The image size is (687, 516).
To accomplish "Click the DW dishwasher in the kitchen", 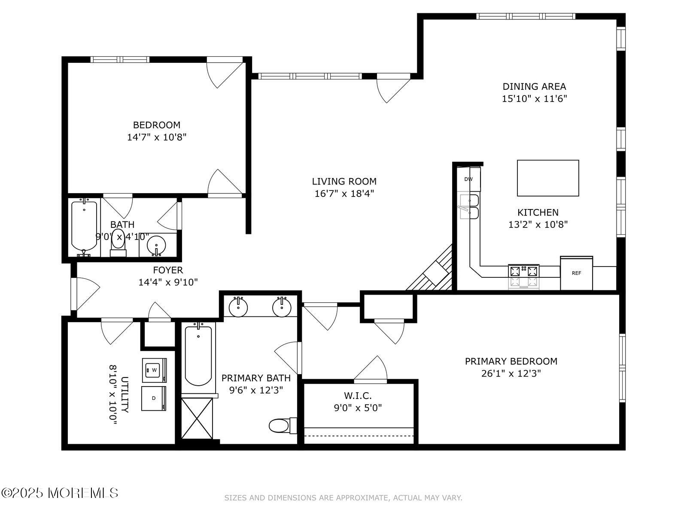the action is pyautogui.click(x=468, y=179).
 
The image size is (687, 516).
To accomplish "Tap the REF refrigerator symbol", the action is pyautogui.click(x=576, y=273).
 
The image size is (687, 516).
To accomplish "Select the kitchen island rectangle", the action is pyautogui.click(x=548, y=178).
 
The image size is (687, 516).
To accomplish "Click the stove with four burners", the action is pyautogui.click(x=523, y=276).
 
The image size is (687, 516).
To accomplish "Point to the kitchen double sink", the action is pyautogui.click(x=469, y=206).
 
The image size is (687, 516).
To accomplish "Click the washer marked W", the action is pyautogui.click(x=154, y=370).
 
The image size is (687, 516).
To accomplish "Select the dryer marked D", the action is pyautogui.click(x=154, y=398).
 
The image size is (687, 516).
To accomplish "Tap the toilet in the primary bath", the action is pyautogui.click(x=283, y=425).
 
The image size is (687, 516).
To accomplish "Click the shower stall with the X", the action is pyautogui.click(x=197, y=418).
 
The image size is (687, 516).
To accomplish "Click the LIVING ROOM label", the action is pyautogui.click(x=344, y=181).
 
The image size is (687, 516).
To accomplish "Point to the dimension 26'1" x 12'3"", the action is pyautogui.click(x=511, y=373).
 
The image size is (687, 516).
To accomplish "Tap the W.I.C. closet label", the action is pyautogui.click(x=358, y=396).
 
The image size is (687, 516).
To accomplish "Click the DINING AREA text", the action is pyautogui.click(x=534, y=86).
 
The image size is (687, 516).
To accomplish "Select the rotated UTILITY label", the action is pyautogui.click(x=125, y=395).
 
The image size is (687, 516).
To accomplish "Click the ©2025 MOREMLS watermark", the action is pyautogui.click(x=59, y=493).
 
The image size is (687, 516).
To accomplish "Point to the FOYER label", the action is pyautogui.click(x=168, y=270).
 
